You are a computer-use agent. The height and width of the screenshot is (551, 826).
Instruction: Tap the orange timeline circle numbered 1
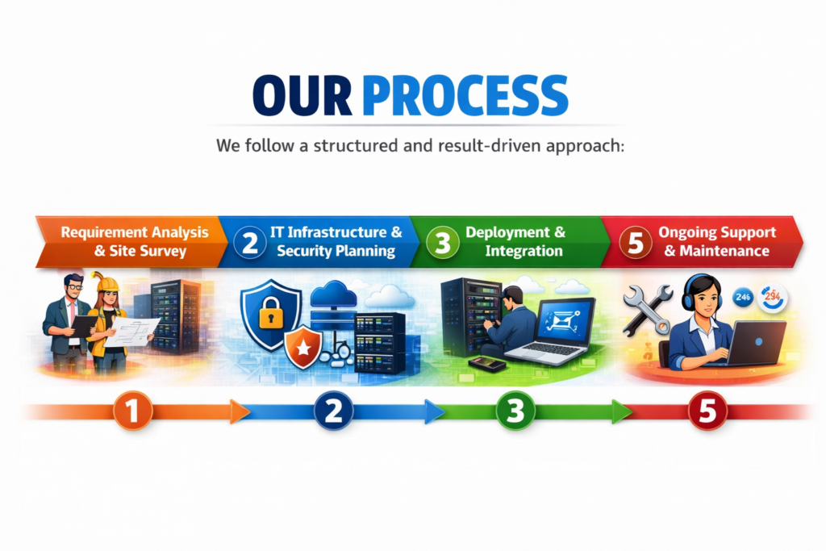(x=133, y=411)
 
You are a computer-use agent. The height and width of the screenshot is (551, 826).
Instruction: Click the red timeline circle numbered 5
(x=707, y=411)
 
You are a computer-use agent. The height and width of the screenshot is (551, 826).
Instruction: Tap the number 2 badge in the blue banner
(x=250, y=242)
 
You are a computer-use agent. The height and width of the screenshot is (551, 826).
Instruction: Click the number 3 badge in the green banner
(x=442, y=242)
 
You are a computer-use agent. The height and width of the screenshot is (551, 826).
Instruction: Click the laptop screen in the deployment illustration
(x=566, y=319)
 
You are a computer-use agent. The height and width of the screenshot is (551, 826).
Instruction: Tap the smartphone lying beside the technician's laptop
(x=486, y=364)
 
